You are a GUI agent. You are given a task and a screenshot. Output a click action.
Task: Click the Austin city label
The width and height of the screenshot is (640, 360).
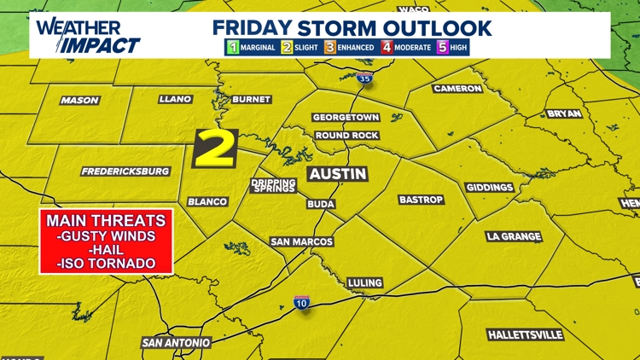(337, 174)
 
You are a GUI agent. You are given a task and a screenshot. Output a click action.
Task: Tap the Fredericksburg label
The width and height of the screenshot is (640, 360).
(125, 171)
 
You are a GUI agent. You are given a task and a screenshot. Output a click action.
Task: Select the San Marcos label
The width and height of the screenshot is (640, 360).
(301, 242)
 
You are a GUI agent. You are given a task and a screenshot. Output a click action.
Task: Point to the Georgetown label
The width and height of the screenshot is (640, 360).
(346, 118)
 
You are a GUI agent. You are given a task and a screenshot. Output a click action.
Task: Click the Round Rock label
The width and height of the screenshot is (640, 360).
(346, 136)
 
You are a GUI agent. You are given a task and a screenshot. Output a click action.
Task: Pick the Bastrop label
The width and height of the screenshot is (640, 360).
(422, 200)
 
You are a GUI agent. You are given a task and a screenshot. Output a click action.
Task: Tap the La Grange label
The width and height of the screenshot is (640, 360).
(513, 236)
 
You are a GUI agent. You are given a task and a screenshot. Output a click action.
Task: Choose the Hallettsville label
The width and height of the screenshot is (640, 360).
(527, 334)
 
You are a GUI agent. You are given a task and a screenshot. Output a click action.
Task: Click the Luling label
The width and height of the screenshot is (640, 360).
(365, 283)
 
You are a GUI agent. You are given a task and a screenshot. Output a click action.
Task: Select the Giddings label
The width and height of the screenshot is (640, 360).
(490, 188)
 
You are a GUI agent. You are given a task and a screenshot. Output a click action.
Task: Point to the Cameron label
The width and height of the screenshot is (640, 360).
(457, 89)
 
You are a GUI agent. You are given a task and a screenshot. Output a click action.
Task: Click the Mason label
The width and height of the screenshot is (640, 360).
(79, 101)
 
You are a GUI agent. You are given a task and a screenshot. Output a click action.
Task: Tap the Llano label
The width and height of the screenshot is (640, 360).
(175, 100)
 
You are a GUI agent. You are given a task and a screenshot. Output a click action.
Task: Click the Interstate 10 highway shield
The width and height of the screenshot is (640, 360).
(301, 303)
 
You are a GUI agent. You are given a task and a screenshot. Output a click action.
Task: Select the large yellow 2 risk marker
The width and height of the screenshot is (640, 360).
(214, 148)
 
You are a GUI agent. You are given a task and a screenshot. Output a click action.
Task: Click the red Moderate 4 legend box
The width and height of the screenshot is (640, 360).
(387, 48)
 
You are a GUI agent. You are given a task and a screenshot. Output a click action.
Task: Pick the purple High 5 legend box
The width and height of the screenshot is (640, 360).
(442, 48)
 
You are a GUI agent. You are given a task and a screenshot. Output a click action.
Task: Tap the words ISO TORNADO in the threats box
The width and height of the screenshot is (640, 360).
(106, 264)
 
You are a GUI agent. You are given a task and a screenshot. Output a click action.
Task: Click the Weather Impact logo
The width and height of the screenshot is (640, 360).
(88, 36)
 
